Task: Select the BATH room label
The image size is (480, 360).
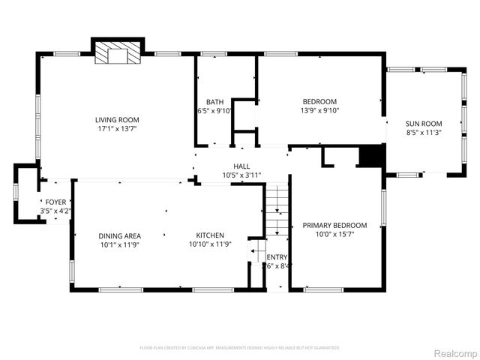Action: [214, 102]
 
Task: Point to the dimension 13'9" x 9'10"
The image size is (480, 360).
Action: [319, 110]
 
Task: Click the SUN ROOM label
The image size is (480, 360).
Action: [424, 124]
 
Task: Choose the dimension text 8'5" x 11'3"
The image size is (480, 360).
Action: [424, 133]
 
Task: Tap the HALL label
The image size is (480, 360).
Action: [241, 166]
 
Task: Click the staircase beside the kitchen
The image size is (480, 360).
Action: [277, 211]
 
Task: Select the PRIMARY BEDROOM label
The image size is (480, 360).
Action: [334, 225]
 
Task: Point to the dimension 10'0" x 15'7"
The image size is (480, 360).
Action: [334, 234]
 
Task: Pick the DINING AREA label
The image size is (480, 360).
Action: [119, 235]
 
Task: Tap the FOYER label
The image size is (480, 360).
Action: [55, 202]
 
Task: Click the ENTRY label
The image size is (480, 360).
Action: [277, 256]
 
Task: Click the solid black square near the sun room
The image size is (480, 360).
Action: [371, 156]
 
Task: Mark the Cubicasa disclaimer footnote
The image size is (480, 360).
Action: [240, 348]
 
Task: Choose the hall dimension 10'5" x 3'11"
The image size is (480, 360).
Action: [241, 175]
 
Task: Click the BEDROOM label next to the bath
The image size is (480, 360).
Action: [319, 102]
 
